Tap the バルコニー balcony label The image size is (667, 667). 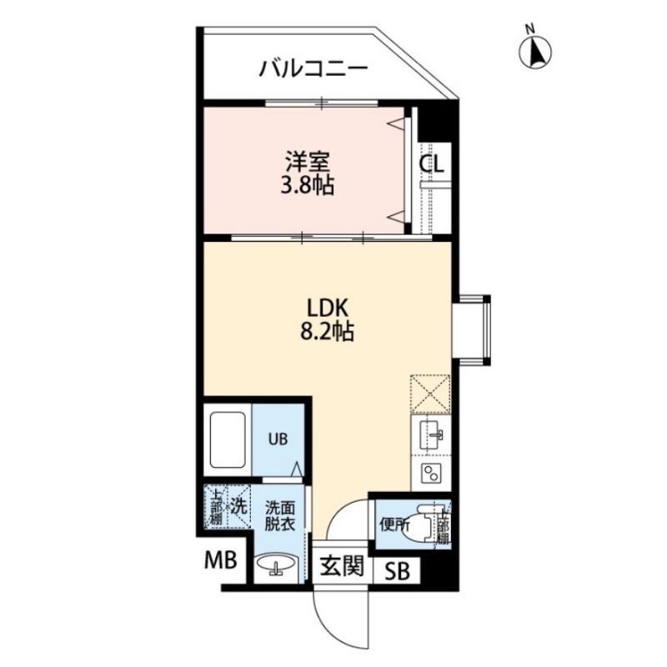pyautogui.click(x=312, y=68)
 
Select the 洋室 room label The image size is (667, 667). pyautogui.click(x=306, y=159)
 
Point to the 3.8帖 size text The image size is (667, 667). pyautogui.click(x=306, y=185)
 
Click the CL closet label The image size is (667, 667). pyautogui.click(x=432, y=164)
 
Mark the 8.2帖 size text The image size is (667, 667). pyautogui.click(x=327, y=332)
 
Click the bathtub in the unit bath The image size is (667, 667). pyautogui.click(x=226, y=439)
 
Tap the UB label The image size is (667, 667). pyautogui.click(x=277, y=439)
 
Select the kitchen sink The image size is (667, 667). pyautogui.click(x=431, y=434)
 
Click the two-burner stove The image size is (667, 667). pyautogui.click(x=431, y=475)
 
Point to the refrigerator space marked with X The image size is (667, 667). pyautogui.click(x=431, y=394)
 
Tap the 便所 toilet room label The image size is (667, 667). pyautogui.click(x=394, y=525)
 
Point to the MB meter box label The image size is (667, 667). pyautogui.click(x=222, y=564)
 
